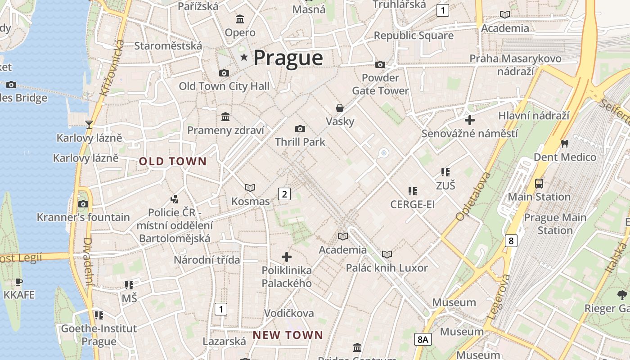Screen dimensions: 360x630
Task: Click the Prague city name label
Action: click(288, 58)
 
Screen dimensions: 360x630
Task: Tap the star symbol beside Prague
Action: click(244, 57)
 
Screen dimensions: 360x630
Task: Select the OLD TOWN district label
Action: click(173, 161)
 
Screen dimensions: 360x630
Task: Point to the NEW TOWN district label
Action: click(288, 335)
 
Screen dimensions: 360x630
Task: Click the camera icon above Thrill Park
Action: click(300, 129)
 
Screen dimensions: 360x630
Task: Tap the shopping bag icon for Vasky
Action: click(340, 108)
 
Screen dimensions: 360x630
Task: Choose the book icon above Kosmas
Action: click(250, 188)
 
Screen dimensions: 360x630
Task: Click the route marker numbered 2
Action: click(284, 194)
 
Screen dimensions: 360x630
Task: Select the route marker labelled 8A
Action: click(423, 339)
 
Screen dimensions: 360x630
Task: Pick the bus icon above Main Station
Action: click(539, 183)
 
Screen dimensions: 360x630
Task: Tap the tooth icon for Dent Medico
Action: click(564, 144)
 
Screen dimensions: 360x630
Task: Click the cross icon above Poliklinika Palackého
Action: click(287, 257)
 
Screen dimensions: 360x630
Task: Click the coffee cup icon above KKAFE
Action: click(18, 282)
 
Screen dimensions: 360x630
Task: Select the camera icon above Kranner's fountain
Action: click(83, 204)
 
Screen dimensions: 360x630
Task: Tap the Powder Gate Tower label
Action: click(380, 84)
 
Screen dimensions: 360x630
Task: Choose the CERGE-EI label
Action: click(412, 205)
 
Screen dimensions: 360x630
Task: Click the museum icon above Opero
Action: click(240, 19)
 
